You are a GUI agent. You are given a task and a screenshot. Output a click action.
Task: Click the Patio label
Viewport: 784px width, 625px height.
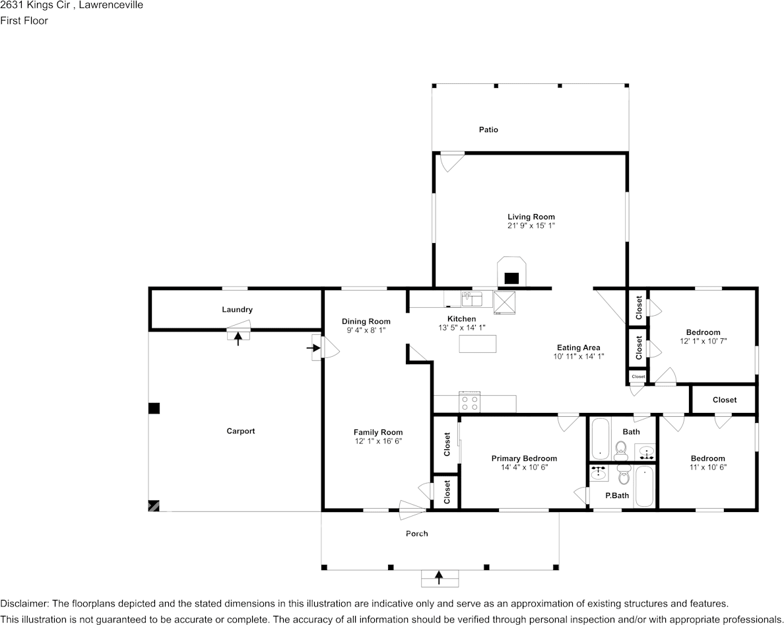pos(488,129)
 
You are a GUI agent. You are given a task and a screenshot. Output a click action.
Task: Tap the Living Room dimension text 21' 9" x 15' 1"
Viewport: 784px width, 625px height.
pos(531,226)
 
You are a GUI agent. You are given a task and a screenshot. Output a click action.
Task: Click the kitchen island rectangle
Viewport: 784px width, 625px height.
pos(478,344)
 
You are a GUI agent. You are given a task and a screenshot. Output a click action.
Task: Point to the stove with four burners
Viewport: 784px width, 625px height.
pos(469,402)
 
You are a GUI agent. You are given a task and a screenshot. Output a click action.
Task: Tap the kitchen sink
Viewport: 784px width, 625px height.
pos(472,299)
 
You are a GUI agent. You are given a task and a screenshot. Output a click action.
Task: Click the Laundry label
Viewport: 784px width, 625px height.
pos(237,310)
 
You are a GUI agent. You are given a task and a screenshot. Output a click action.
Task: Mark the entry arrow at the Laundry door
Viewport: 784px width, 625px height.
pos(238,339)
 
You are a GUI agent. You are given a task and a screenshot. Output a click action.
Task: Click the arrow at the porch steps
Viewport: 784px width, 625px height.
pos(439,577)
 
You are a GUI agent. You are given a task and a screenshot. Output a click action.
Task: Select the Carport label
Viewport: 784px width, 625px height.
pos(240,431)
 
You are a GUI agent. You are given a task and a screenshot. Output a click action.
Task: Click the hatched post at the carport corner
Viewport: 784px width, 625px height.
pos(154,506)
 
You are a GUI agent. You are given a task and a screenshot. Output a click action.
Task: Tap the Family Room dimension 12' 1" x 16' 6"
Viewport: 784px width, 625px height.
pos(379,441)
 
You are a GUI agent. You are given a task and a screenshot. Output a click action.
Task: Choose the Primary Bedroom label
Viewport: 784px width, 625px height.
pos(524,459)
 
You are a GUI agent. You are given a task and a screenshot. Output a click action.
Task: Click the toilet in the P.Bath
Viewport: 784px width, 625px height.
pos(623,475)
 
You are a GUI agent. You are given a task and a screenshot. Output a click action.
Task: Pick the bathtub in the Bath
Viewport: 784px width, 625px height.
pos(599,439)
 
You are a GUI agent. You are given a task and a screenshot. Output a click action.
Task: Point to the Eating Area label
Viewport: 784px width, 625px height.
pos(579,348)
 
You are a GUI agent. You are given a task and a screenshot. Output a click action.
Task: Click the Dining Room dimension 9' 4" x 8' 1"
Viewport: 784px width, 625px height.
pos(366,330)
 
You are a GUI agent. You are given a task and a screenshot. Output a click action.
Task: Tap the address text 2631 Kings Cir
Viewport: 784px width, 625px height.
pos(36,5)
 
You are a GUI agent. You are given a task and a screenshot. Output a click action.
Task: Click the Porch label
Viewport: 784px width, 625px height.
pos(416,533)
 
